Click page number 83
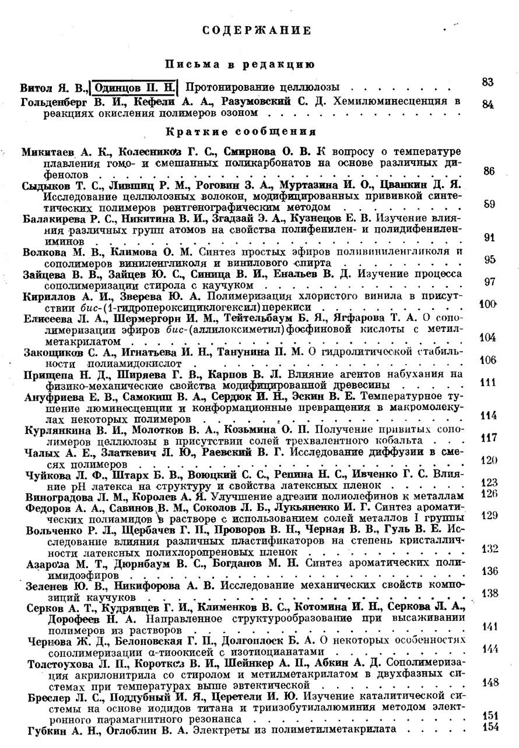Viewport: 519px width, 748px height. click(488, 82)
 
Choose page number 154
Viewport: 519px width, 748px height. click(488, 728)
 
